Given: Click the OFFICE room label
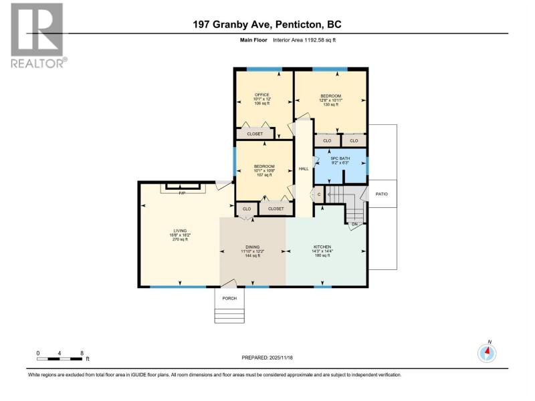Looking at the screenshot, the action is click(x=262, y=95).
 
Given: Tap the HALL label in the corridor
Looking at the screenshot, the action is click(x=304, y=169).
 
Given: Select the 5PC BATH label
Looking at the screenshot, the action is click(x=340, y=158).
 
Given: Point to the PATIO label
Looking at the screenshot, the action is click(x=381, y=194).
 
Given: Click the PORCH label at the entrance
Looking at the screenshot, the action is click(x=229, y=298).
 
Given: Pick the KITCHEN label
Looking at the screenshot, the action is click(x=322, y=247).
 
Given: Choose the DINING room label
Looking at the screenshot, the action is click(x=253, y=247).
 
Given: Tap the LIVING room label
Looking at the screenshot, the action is click(x=180, y=231).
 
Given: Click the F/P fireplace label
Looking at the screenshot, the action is click(x=182, y=193).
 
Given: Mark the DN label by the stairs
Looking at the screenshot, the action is click(x=355, y=225).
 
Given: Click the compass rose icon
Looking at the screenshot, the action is click(x=487, y=354).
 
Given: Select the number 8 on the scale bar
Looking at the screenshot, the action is click(x=82, y=354).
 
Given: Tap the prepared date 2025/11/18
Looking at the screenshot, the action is click(x=281, y=358).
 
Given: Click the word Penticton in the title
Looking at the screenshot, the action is click(x=298, y=25).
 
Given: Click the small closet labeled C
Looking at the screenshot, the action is click(x=319, y=194).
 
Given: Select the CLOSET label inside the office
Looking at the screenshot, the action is click(x=255, y=134).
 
